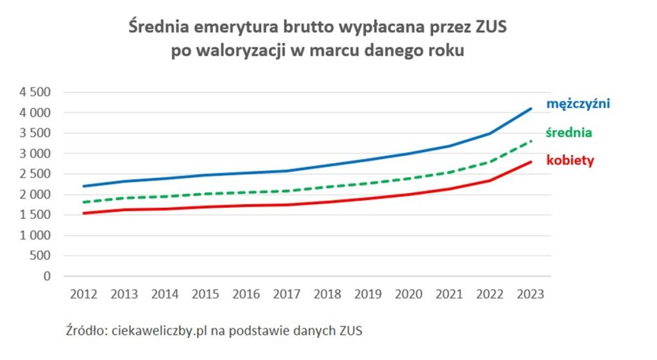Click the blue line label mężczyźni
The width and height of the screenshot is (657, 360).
pyautogui.click(x=577, y=103)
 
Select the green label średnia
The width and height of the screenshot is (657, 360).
pyautogui.click(x=568, y=133)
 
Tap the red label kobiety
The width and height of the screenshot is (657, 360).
pyautogui.click(x=570, y=160)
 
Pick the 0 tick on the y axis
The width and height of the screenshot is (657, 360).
pyautogui.click(x=47, y=277)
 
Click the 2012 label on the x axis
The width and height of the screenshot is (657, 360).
pyautogui.click(x=83, y=295)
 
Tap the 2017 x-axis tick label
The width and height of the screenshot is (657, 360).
pyautogui.click(x=287, y=295)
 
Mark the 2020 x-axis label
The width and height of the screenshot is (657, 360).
pyautogui.click(x=409, y=295)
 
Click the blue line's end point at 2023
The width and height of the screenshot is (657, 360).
pyautogui.click(x=531, y=109)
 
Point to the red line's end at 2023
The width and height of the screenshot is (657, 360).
pyautogui.click(x=531, y=162)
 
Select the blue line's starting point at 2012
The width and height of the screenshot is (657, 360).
pyautogui.click(x=84, y=186)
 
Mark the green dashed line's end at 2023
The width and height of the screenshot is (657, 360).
pyautogui.click(x=531, y=141)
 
